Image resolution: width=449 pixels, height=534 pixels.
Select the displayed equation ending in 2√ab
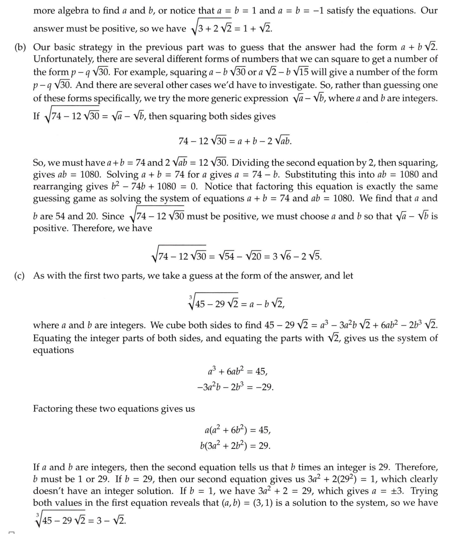pyautogui.click(x=235, y=141)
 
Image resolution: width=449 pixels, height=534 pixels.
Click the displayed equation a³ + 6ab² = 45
pyautogui.click(x=238, y=372)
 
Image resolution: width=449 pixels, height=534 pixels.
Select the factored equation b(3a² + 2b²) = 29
pyautogui.click(x=235, y=446)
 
